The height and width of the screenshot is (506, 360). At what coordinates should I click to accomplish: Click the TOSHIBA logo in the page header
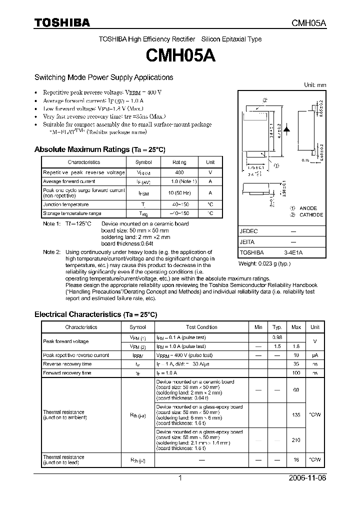(x=62, y=23)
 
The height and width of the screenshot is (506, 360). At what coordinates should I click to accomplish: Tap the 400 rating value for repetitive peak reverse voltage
(x=179, y=172)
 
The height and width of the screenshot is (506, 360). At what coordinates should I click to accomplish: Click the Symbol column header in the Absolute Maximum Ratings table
(x=143, y=162)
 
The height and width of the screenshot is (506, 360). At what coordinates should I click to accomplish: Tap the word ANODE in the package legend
(x=308, y=208)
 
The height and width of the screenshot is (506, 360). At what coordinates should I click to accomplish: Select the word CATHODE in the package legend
(x=311, y=215)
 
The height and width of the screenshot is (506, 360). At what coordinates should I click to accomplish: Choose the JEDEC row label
(x=248, y=231)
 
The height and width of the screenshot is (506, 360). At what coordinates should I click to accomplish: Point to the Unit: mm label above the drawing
(x=315, y=85)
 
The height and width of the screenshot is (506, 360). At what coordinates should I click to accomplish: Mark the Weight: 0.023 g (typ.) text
(x=264, y=263)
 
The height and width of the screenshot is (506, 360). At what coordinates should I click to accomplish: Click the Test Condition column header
(x=201, y=327)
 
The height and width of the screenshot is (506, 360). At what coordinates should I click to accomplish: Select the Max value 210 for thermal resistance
(x=296, y=439)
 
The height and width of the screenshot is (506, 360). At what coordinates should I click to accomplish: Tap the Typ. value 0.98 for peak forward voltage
(x=277, y=337)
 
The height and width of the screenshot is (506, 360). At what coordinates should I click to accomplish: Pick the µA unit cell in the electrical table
(x=315, y=355)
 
